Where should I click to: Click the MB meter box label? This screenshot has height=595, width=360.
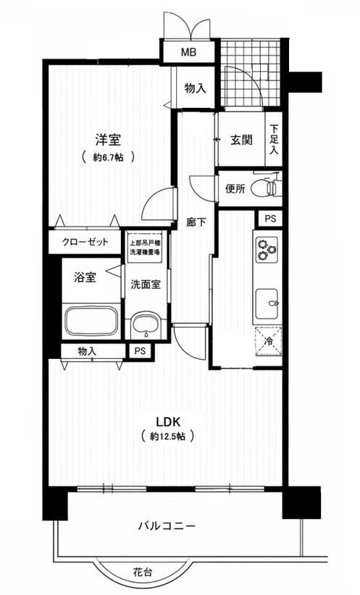[188, 52]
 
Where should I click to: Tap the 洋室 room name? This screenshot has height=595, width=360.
[108, 140]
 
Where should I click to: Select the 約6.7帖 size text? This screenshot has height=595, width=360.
[108, 158]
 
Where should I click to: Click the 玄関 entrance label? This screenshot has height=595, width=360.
[241, 140]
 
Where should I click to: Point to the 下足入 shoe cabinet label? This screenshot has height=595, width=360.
[275, 139]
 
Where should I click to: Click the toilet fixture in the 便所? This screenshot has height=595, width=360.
[271, 187]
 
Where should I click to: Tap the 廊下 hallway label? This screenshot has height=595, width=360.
[196, 222]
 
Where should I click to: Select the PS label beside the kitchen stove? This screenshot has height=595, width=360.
[270, 219]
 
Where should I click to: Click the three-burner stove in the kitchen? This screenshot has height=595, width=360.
[267, 250]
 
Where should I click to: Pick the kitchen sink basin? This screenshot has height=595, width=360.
[267, 303]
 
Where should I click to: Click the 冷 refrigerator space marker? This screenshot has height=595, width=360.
[269, 341]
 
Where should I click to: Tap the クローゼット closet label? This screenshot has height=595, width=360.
[85, 241]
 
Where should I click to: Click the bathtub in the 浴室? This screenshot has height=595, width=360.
[91, 321]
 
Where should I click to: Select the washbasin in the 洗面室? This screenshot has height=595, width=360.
[146, 325]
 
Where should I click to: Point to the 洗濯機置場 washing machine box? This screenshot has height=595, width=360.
[146, 247]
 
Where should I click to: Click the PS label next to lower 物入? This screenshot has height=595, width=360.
[140, 351]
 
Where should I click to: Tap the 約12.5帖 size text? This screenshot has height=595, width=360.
[168, 436]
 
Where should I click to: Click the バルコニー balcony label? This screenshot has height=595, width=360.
[167, 526]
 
